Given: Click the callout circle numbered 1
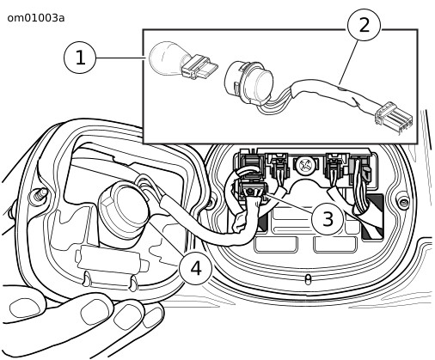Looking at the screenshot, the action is [x=80, y=58].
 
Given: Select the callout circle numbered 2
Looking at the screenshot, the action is [x=364, y=25].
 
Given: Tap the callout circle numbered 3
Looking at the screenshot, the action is [x=328, y=219].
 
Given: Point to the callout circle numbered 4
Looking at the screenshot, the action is [x=196, y=269].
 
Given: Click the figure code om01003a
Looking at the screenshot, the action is [x=36, y=18].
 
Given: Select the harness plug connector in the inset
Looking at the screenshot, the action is [x=394, y=118].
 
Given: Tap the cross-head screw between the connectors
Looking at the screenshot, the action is [x=305, y=165].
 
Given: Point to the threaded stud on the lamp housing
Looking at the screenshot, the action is [x=38, y=195].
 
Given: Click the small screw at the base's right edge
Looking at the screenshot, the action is [x=402, y=202].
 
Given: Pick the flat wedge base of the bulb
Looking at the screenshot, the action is [x=199, y=67].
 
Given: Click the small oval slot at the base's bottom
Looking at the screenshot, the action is [x=308, y=279].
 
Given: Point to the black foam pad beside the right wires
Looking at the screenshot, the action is [x=372, y=217].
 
